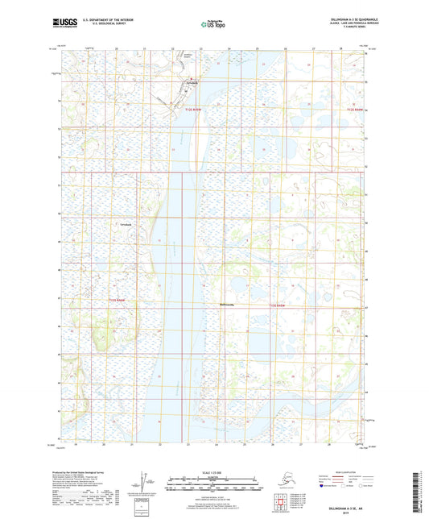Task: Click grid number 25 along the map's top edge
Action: (257, 48)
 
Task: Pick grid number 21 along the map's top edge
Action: (144, 48)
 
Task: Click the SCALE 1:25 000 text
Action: (214, 471)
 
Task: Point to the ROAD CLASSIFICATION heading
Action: (349, 470)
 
